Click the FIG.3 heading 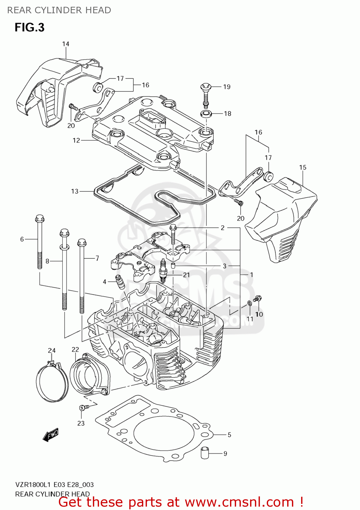tap(29, 27)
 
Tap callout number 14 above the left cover tap(66, 44)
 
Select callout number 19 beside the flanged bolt tap(227, 87)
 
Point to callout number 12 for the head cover tap(76, 140)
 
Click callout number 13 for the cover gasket tap(75, 191)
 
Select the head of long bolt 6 tap(40, 219)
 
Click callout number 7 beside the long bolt tap(97, 258)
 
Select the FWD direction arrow tap(51, 435)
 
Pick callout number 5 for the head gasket tap(229, 435)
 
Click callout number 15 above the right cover tap(302, 167)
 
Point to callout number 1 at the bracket tap(251, 274)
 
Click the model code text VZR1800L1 tap(33, 485)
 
